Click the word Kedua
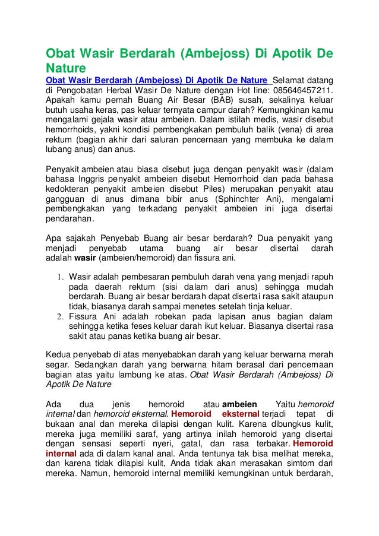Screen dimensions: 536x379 pos(59,355)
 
